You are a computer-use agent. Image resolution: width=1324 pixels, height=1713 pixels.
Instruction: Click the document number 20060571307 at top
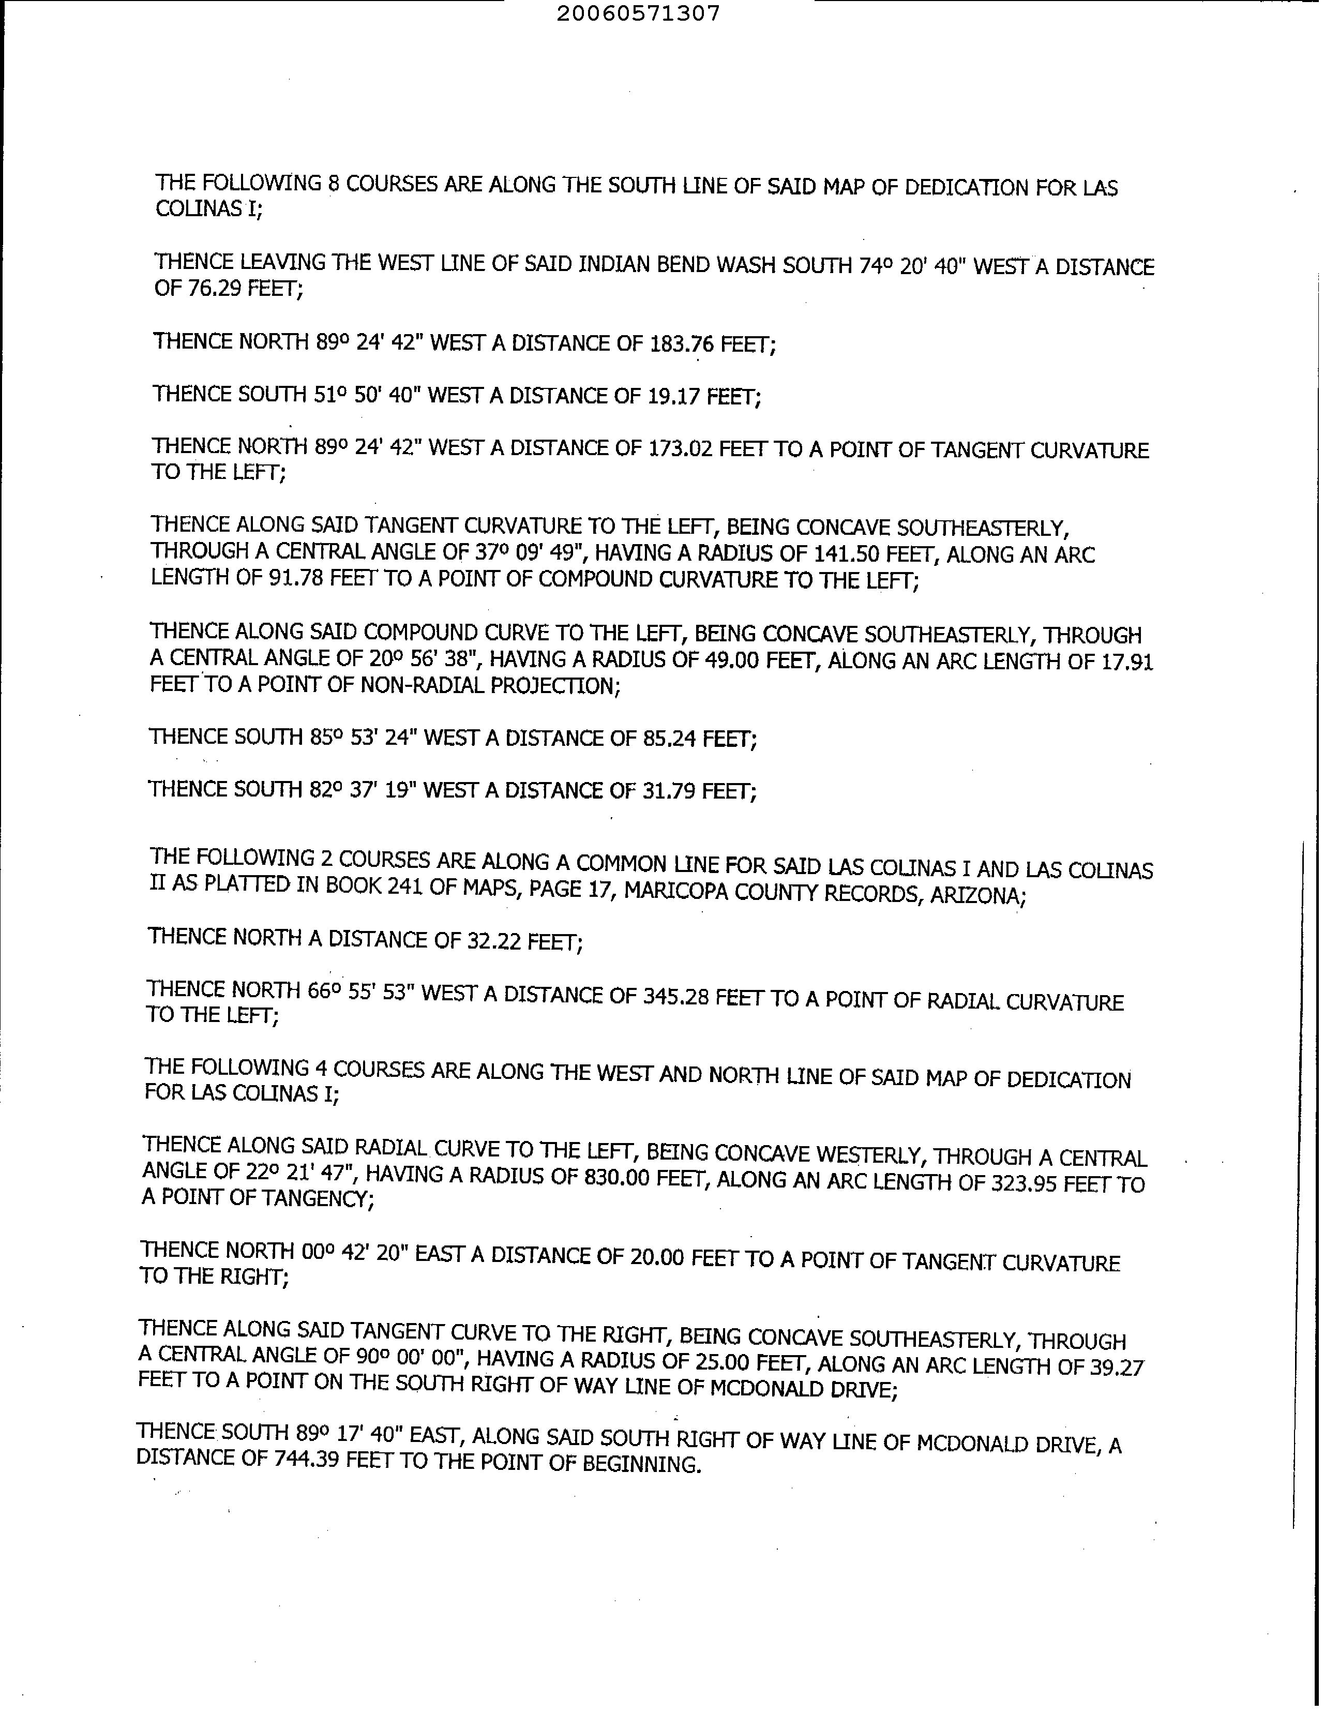point(638,13)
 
